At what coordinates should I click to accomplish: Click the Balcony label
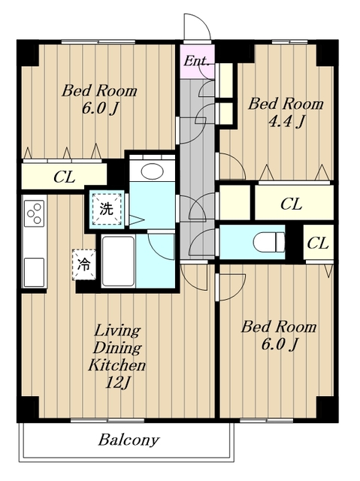tap(129, 440)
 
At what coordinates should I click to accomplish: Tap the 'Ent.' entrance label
tap(197, 61)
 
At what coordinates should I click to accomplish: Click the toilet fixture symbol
tap(269, 242)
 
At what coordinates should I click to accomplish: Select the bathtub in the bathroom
tap(118, 262)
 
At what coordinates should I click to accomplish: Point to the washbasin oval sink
tap(153, 171)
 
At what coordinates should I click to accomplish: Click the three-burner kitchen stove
tap(34, 213)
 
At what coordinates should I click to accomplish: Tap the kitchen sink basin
tap(34, 272)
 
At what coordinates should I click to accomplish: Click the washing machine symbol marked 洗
tap(107, 209)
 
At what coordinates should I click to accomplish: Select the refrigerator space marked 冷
tap(83, 265)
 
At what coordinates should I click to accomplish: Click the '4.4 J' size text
tap(286, 122)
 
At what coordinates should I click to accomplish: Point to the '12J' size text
tap(117, 383)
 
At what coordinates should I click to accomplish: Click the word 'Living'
tap(117, 331)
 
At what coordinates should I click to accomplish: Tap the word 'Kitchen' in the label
tap(116, 365)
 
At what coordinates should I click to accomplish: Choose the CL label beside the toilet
tap(318, 244)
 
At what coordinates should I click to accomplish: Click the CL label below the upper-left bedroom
tap(65, 177)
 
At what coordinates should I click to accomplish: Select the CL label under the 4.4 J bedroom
tap(292, 204)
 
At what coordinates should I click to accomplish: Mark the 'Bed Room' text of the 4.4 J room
tap(286, 104)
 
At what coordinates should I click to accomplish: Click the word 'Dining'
tap(117, 348)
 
